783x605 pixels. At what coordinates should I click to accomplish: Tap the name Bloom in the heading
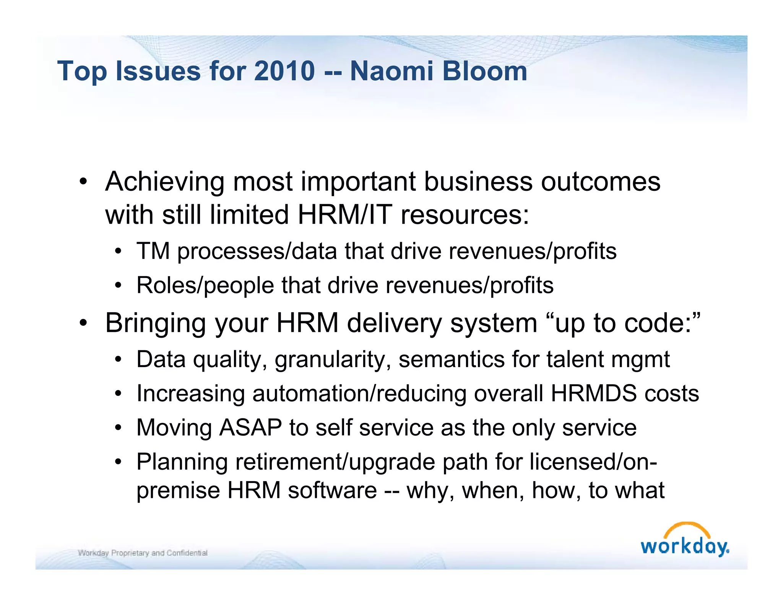pos(485,71)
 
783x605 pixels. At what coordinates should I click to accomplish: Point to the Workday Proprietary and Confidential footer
pos(143,553)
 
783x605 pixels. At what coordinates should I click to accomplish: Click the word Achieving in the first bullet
pos(165,182)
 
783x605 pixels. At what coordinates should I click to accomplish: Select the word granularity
pos(333,360)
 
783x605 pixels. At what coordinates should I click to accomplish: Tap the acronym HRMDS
pos(594,394)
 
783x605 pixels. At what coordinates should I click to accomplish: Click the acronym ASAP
pos(250,428)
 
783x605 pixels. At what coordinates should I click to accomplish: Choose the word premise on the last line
pos(178,491)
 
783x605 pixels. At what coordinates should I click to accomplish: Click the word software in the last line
pos(332,491)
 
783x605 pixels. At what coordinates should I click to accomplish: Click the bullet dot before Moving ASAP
pos(119,427)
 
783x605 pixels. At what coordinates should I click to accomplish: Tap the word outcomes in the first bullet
pos(600,182)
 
